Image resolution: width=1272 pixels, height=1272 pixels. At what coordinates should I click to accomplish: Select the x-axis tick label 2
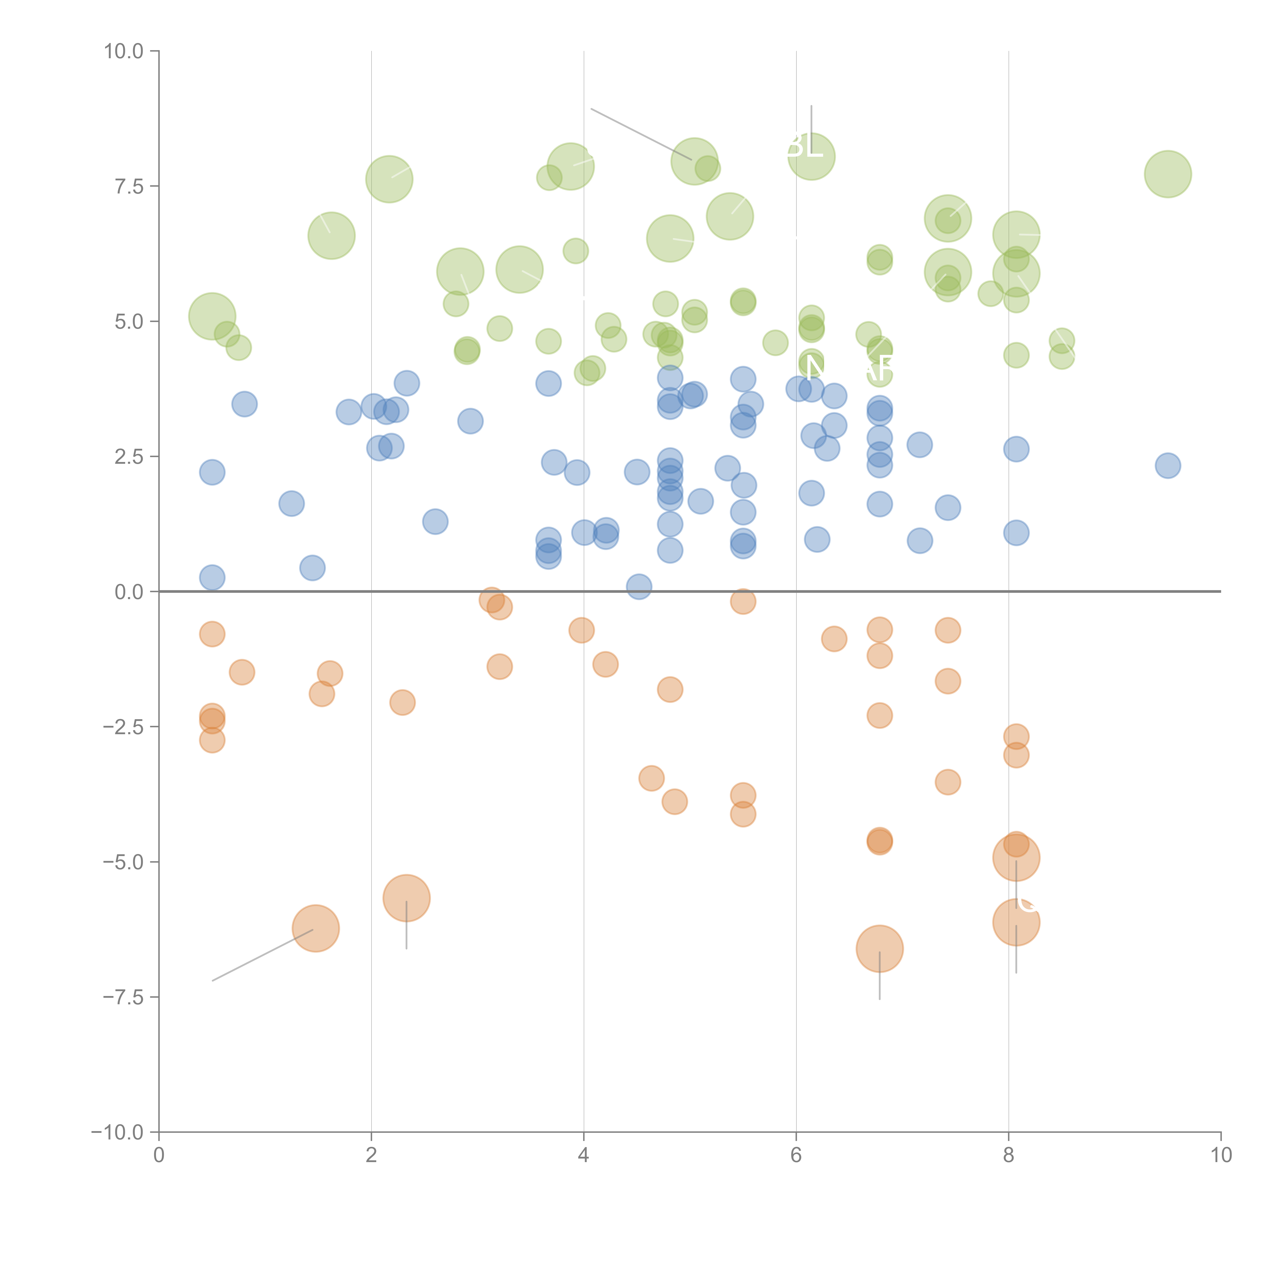tap(371, 1155)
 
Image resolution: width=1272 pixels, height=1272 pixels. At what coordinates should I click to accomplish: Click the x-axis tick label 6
tap(796, 1155)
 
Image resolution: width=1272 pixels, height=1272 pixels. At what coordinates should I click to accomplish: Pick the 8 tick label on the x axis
tap(1009, 1155)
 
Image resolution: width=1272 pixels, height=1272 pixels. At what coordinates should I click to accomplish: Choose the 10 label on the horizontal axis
tap(1221, 1155)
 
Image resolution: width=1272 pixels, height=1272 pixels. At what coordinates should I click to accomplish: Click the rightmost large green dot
tap(1167, 174)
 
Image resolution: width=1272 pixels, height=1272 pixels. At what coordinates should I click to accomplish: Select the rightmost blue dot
tap(1167, 466)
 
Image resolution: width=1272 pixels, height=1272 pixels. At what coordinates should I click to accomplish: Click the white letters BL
tap(805, 146)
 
